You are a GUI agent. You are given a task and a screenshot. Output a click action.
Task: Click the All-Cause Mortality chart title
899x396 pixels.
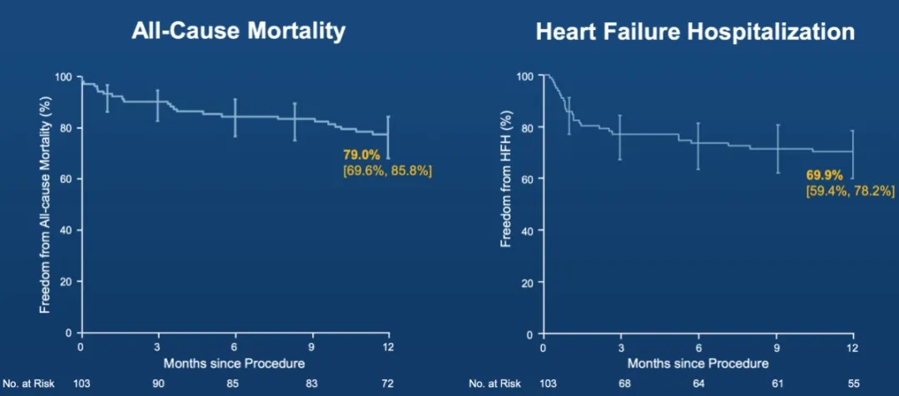pos(238,32)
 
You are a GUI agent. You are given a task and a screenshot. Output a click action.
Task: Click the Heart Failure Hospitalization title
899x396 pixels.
pos(696,32)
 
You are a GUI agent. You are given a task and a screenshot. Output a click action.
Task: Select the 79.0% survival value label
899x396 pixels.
pos(361,155)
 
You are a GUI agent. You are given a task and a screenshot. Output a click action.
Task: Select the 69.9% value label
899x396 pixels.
pos(824,176)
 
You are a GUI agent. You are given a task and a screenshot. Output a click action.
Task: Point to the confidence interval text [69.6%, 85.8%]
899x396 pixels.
pos(387,171)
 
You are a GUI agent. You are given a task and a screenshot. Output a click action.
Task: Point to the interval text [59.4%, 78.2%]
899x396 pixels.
pos(850,191)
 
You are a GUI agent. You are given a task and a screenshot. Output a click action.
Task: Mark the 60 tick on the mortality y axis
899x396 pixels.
pos(69,179)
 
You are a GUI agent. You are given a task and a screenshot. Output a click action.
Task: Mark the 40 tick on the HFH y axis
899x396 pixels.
pos(531,230)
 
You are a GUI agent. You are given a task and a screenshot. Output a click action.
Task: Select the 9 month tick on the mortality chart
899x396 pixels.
pos(311,346)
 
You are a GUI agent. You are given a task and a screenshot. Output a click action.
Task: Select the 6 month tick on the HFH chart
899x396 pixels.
pos(698,348)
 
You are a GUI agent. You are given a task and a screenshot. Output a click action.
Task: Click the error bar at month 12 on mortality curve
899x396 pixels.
pos(388,137)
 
